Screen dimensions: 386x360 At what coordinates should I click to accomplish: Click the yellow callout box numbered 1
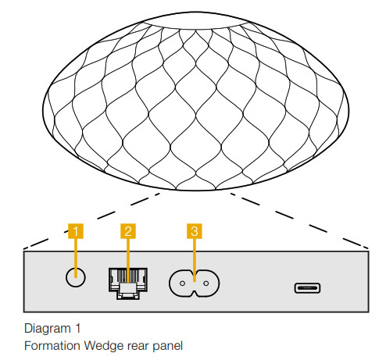pos(76,231)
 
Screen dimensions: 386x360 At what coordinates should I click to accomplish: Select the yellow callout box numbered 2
pos(128,231)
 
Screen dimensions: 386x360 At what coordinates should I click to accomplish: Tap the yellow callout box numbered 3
pos(195,231)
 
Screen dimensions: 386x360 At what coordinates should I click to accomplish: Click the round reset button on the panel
pos(76,277)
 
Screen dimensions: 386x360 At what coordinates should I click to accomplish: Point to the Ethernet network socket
pos(128,283)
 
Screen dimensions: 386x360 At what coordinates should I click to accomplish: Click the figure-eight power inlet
pos(195,283)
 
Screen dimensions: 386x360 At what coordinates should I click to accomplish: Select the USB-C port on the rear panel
pos(307,288)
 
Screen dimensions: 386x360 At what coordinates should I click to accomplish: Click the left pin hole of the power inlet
pos(182,283)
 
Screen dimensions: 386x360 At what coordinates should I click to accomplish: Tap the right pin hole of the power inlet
pos(206,283)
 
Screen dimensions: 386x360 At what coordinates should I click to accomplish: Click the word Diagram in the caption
pos(48,329)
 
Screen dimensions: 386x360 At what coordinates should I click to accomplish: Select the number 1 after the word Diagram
pos(77,328)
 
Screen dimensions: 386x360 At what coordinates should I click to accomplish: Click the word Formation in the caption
pos(52,346)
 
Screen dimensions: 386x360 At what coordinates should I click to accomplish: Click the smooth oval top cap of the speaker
pos(195,20)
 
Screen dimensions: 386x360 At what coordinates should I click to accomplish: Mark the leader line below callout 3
pos(195,260)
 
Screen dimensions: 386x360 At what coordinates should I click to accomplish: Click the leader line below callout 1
pos(76,258)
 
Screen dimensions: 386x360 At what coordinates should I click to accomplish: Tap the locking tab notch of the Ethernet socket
pos(128,295)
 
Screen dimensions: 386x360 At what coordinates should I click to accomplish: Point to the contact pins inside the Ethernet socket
pos(128,275)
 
